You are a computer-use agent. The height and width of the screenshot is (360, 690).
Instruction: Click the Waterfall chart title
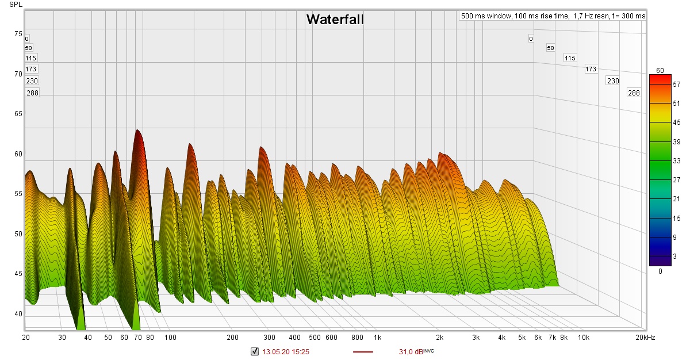(x=335, y=20)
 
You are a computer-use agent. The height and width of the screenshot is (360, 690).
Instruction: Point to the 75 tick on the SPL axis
(x=18, y=34)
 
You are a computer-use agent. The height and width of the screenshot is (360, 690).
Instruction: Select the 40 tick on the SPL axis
(x=18, y=314)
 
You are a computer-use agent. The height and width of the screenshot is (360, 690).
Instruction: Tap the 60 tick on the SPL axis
(x=18, y=154)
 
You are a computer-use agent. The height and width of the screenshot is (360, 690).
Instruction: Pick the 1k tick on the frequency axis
(x=377, y=337)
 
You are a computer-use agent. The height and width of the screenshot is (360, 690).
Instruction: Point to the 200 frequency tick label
(x=232, y=337)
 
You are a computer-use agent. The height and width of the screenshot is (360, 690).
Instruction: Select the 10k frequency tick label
(x=584, y=337)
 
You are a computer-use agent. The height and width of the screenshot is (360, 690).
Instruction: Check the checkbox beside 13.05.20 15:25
(x=255, y=352)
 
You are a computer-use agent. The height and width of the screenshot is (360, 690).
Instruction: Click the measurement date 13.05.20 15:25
(x=286, y=352)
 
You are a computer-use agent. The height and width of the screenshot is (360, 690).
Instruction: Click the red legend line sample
(x=362, y=352)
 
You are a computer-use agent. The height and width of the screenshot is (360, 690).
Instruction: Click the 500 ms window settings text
(x=553, y=16)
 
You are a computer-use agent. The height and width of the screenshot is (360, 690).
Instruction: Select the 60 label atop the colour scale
(x=660, y=71)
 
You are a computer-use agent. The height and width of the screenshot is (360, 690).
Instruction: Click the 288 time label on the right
(x=634, y=93)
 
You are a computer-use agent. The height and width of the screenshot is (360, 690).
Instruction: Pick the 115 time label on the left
(x=30, y=58)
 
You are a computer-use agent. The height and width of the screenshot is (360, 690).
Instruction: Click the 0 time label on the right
(x=531, y=39)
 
